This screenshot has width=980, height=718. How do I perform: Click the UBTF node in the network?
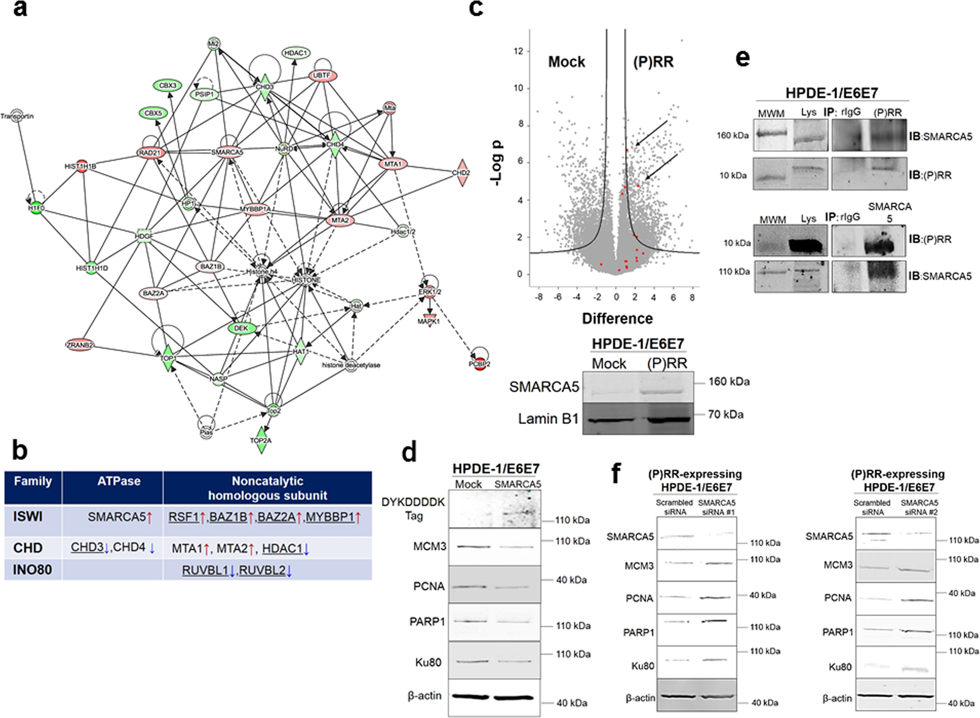click(322, 76)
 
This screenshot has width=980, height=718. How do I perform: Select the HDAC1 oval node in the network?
click(296, 53)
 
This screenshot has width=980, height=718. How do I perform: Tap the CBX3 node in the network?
click(168, 86)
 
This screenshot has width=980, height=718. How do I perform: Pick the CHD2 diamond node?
click(461, 173)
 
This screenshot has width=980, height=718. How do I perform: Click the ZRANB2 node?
click(80, 345)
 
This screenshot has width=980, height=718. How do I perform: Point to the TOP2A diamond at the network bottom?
click(261, 440)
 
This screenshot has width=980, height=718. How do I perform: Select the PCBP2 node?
click(480, 364)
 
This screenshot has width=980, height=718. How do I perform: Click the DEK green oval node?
click(241, 328)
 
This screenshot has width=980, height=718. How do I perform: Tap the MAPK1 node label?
click(429, 322)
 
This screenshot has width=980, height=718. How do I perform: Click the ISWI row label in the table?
click(28, 517)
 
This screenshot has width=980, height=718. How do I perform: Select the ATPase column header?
click(118, 481)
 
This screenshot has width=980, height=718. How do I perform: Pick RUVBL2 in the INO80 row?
click(262, 570)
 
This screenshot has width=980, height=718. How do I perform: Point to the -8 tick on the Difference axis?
click(539, 298)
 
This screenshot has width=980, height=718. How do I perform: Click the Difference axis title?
click(617, 319)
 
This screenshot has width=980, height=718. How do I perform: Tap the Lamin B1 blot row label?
click(548, 419)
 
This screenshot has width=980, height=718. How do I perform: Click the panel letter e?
click(743, 58)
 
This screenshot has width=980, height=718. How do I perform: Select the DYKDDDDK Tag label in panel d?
click(413, 509)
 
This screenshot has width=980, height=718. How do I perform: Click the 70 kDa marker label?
click(725, 415)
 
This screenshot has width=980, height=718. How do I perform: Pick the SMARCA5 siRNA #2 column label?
click(919, 508)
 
